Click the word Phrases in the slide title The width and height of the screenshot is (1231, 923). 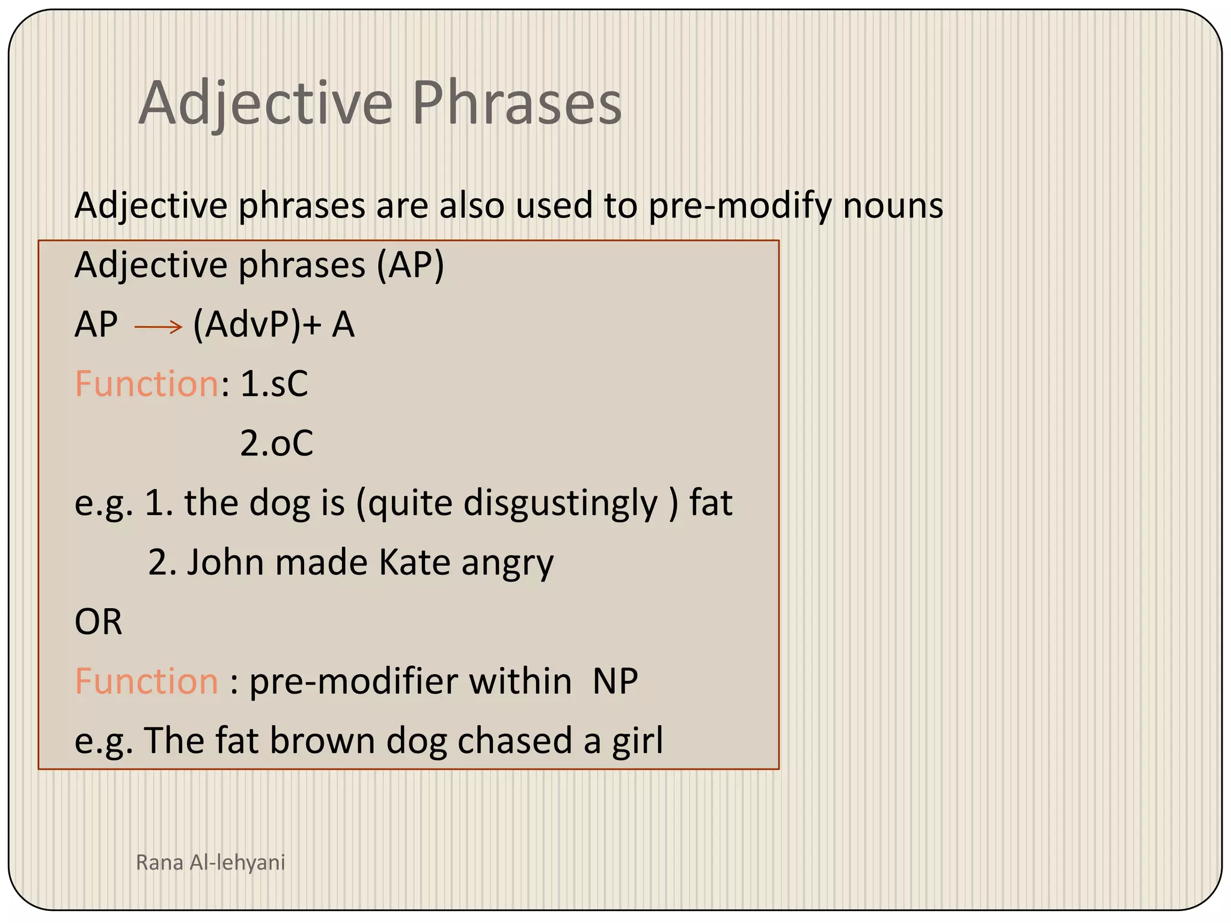click(516, 103)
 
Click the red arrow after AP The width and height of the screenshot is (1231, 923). click(158, 327)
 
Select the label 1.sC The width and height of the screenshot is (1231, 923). click(274, 384)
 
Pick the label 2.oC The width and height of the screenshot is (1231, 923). click(276, 443)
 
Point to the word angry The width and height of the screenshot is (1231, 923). click(507, 563)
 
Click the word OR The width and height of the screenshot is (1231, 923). click(99, 622)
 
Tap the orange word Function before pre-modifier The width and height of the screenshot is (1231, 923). click(147, 681)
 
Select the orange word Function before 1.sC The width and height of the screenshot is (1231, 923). click(147, 384)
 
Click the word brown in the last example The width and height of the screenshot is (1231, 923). click(322, 740)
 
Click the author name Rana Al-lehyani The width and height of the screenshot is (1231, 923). click(210, 862)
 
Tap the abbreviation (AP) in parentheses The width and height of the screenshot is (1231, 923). click(410, 266)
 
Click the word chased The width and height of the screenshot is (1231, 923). click(515, 740)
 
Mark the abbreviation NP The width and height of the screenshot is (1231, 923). click(615, 681)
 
